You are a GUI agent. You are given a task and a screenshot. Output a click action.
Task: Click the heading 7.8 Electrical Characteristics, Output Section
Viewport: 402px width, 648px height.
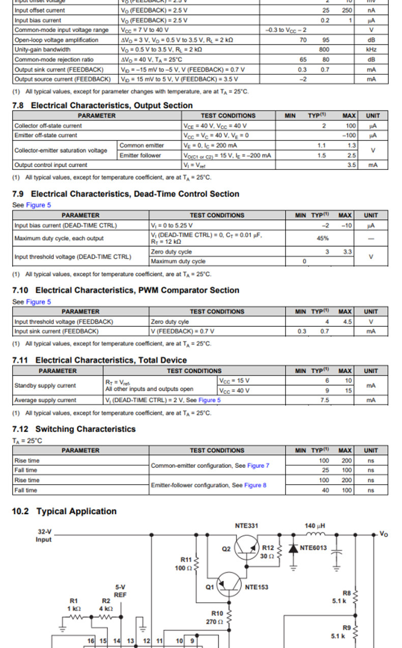pos(102,105)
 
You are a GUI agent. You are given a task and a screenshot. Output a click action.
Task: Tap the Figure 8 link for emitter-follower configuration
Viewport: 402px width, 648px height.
pos(255,485)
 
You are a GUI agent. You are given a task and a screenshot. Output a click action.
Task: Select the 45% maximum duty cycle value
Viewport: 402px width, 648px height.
pos(323,238)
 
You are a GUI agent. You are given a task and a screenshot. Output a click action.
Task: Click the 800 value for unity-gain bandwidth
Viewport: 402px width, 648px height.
pos(324,50)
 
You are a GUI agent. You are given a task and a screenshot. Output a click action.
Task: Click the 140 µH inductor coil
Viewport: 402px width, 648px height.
pos(315,534)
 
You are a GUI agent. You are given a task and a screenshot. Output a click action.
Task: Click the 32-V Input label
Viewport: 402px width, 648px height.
pos(44,536)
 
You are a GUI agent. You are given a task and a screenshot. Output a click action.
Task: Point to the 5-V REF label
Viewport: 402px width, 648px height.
pos(120,590)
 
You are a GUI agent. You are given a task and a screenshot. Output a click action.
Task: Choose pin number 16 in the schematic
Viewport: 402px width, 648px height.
pos(91,641)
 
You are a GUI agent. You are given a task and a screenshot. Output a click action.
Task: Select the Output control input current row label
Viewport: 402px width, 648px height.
pos(51,165)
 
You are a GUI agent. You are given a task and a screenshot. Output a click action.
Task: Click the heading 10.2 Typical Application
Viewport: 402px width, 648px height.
pos(64,511)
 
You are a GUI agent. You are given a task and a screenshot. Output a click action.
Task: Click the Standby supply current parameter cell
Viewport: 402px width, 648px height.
pos(45,385)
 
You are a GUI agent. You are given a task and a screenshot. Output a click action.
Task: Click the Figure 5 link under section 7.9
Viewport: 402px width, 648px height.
pos(39,205)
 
